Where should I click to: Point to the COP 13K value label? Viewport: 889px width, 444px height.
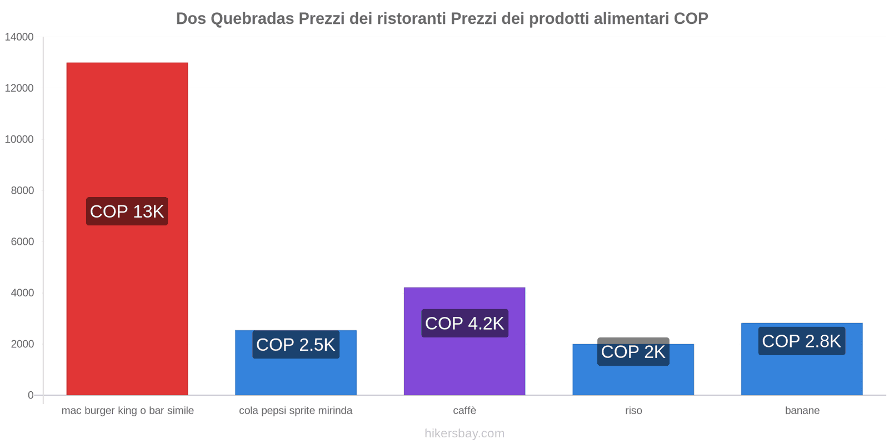127,211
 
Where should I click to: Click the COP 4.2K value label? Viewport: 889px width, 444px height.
465,323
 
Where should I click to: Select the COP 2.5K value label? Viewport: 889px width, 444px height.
296,345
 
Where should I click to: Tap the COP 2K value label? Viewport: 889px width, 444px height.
633,352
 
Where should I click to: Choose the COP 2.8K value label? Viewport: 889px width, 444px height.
801,341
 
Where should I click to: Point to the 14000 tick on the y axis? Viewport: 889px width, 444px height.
19,37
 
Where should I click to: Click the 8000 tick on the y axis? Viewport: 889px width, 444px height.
22,190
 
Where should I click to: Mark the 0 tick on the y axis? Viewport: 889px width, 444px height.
31,395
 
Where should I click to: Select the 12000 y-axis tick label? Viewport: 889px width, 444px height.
19,88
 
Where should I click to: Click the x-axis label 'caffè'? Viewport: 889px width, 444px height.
465,411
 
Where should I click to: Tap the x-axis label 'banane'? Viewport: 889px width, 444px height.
802,411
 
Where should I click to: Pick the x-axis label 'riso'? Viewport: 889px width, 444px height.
633,411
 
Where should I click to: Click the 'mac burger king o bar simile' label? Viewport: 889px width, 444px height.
127,411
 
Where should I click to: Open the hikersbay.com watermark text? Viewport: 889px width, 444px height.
465,433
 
